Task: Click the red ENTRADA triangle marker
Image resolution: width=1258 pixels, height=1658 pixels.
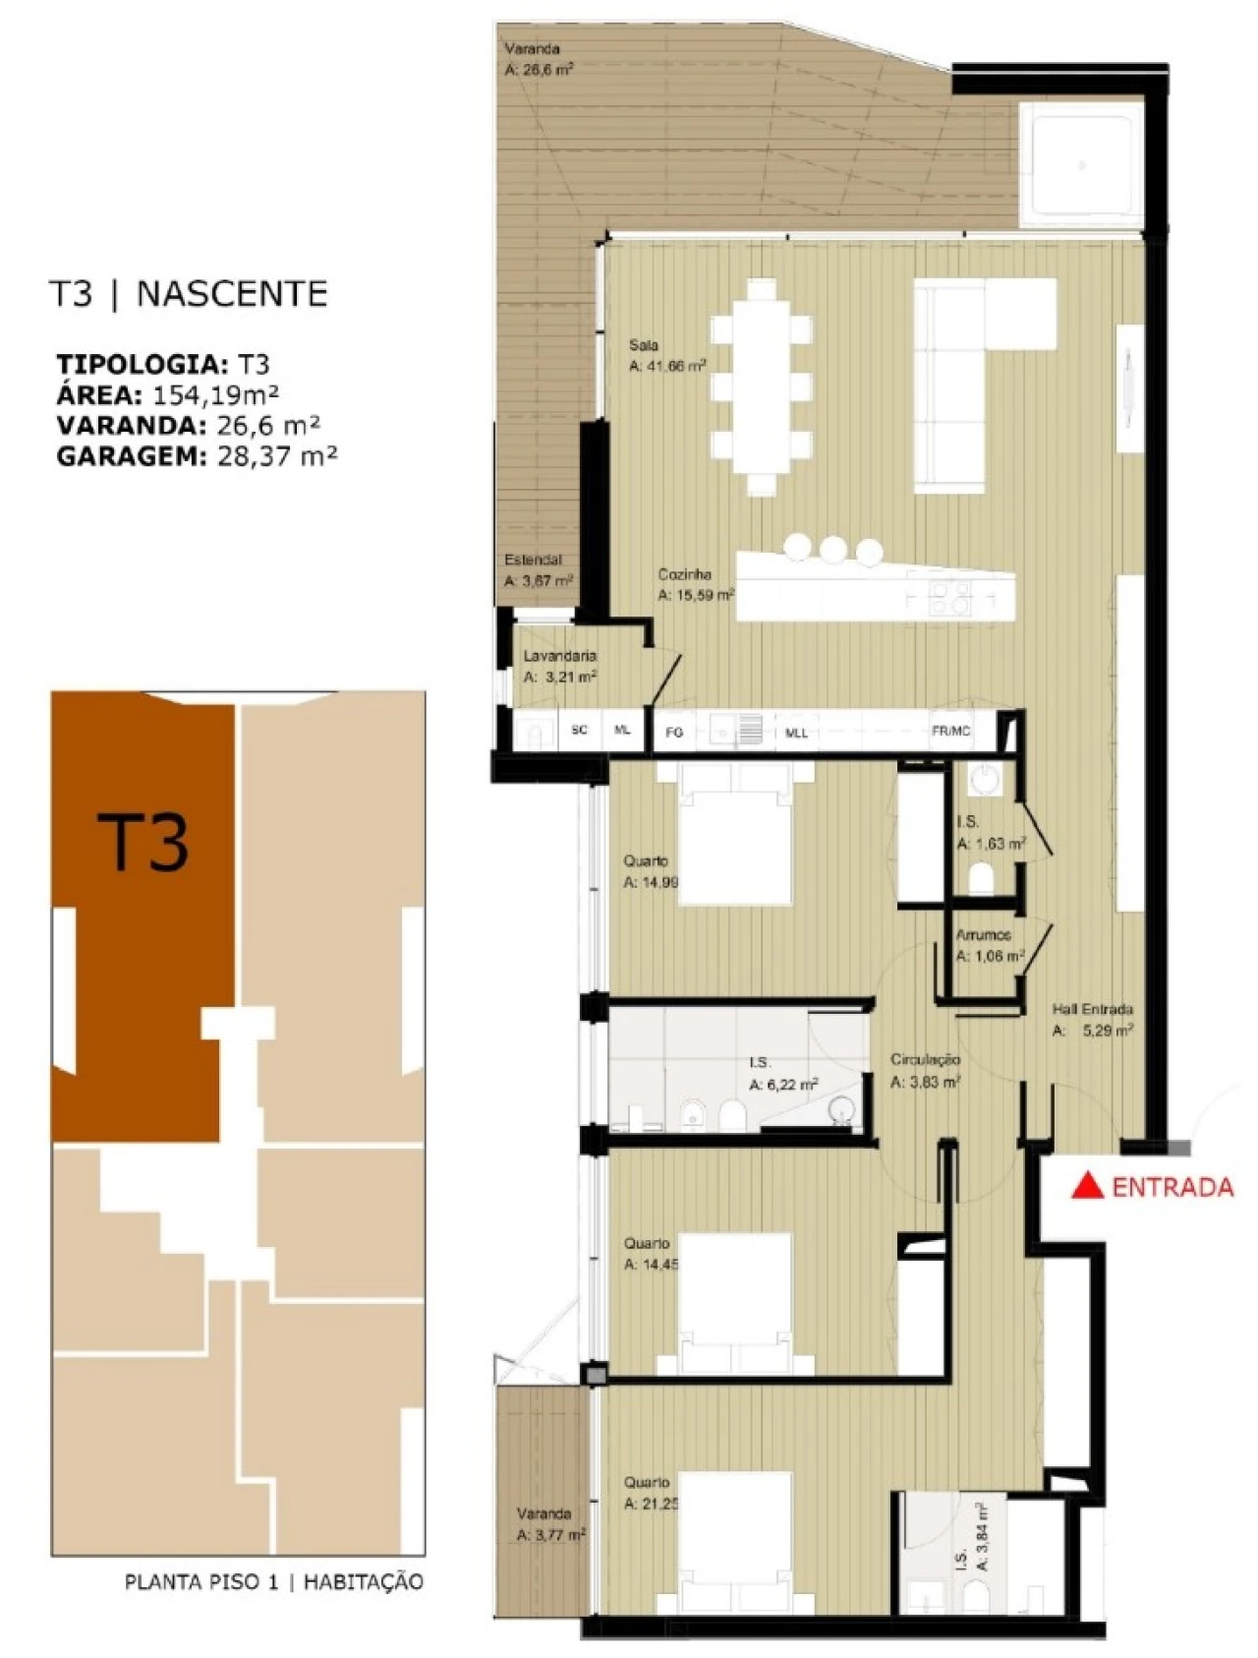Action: [1086, 1186]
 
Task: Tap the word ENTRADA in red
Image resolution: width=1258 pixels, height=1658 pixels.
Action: [1172, 1187]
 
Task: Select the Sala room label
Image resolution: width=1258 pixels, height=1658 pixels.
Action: [644, 345]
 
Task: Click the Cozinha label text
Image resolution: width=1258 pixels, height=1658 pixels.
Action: [684, 574]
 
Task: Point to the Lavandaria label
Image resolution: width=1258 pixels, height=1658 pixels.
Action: [559, 656]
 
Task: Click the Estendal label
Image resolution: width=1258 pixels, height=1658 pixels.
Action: [533, 560]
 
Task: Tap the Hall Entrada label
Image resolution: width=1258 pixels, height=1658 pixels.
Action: [1092, 1009]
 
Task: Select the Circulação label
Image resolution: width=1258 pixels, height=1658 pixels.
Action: [925, 1059]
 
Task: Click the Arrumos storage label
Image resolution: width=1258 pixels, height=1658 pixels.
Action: [983, 935]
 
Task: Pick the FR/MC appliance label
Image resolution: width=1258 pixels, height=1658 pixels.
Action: [950, 731]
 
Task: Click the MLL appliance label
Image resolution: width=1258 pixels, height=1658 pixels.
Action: [796, 733]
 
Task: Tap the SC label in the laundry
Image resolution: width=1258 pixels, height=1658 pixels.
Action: [579, 730]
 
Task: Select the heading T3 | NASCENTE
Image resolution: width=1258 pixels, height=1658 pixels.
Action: [189, 293]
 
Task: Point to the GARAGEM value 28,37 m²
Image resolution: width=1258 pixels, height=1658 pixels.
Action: [276, 456]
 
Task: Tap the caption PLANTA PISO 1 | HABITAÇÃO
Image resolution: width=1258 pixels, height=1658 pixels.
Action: [273, 1582]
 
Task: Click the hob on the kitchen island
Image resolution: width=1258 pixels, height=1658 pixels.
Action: [950, 597]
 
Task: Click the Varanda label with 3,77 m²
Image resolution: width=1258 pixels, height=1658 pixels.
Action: [543, 1514]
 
